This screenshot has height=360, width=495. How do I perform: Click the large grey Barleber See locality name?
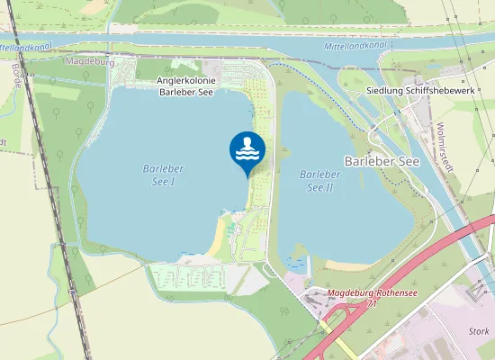(382, 160)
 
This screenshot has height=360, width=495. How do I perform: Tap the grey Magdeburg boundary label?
(90, 61)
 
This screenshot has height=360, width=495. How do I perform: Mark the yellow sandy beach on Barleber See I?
(216, 238)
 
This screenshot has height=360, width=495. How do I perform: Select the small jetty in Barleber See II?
(308, 263)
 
